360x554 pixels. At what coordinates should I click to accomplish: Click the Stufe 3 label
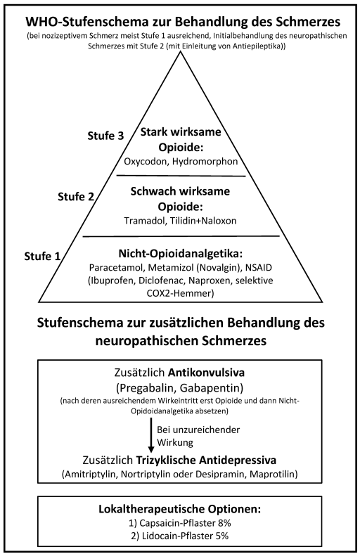click(x=105, y=136)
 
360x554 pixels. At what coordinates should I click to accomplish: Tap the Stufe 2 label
click(x=76, y=196)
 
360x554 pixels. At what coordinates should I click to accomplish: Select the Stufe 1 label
click(x=42, y=256)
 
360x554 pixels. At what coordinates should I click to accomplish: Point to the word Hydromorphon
click(x=205, y=162)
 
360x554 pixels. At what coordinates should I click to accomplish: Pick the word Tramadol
click(x=145, y=221)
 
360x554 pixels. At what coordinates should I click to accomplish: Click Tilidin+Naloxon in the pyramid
click(x=203, y=221)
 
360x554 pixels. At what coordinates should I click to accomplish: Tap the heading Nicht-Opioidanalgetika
click(x=181, y=254)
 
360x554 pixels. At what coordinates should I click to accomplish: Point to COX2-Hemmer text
click(x=180, y=294)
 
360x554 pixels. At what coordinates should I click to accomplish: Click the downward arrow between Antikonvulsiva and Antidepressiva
click(x=151, y=435)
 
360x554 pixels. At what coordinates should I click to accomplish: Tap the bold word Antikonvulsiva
click(x=206, y=373)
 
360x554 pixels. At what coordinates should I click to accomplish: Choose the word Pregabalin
click(x=146, y=388)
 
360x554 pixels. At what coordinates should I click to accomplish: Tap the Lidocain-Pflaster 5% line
click(x=180, y=536)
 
